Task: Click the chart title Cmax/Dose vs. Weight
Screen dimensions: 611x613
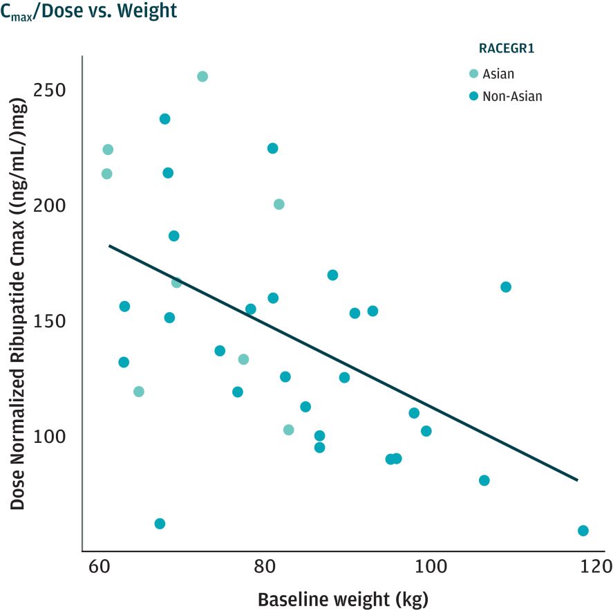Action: point(88,11)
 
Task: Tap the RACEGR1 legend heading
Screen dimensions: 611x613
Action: point(507,48)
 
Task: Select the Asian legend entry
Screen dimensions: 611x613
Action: point(498,74)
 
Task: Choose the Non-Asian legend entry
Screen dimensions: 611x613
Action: point(512,96)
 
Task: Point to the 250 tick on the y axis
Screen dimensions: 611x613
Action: point(53,91)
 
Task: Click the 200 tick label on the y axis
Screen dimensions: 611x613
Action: point(53,206)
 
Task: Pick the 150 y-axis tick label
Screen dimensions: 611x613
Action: point(53,322)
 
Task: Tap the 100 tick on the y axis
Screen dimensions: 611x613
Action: point(53,437)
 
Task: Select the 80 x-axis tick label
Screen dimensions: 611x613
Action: point(265,567)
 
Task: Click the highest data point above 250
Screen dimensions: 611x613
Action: point(202,76)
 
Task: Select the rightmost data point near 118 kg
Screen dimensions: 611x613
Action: point(583,531)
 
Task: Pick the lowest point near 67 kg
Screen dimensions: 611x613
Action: point(160,524)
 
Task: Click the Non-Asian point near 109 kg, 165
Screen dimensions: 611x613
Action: point(506,287)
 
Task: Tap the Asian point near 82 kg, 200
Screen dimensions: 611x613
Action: point(279,204)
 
